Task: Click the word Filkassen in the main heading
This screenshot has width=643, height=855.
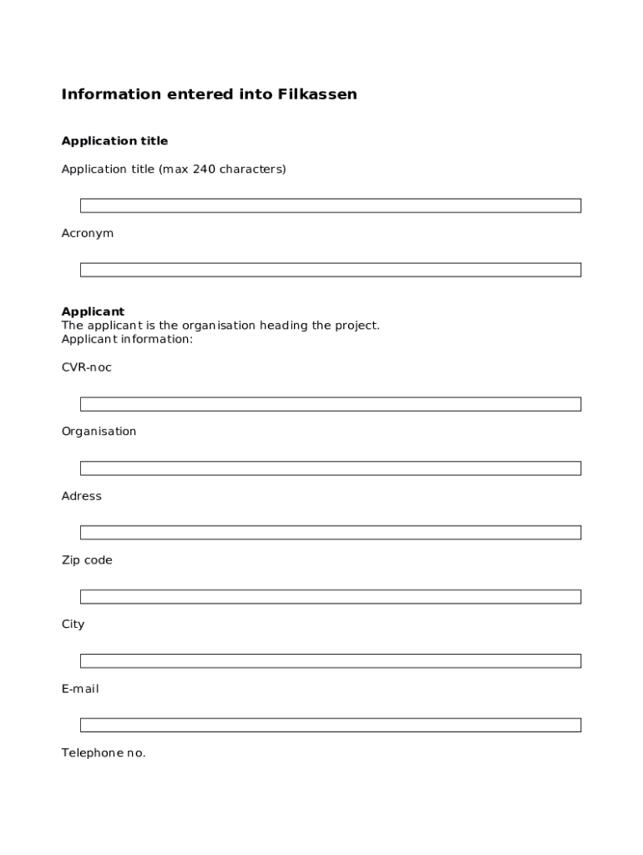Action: pos(322,94)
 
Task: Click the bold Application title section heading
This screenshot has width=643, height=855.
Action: pos(114,141)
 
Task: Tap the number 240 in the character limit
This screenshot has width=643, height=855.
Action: pos(204,169)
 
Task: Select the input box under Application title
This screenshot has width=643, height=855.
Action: pos(330,205)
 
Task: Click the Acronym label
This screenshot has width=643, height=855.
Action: pos(87,234)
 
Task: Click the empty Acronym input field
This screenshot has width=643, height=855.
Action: pos(330,270)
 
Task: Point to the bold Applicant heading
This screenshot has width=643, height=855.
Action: pos(93,312)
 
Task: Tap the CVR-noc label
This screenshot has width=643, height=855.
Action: pos(86,367)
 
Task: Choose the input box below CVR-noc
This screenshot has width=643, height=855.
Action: pos(330,404)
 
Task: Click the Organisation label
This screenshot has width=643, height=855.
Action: pos(99,432)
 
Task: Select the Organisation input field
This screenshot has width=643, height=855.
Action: pos(330,468)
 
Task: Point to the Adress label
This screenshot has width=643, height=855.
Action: pos(81,496)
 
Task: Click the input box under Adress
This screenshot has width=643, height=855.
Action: pos(330,533)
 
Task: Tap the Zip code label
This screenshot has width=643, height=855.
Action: pos(86,560)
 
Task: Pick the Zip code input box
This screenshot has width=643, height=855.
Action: pos(330,597)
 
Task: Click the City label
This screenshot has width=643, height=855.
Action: pos(73,625)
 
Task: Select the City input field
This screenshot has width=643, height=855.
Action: pos(330,661)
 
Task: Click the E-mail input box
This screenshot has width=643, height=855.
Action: pos(330,726)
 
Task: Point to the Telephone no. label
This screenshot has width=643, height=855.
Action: pos(103,753)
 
